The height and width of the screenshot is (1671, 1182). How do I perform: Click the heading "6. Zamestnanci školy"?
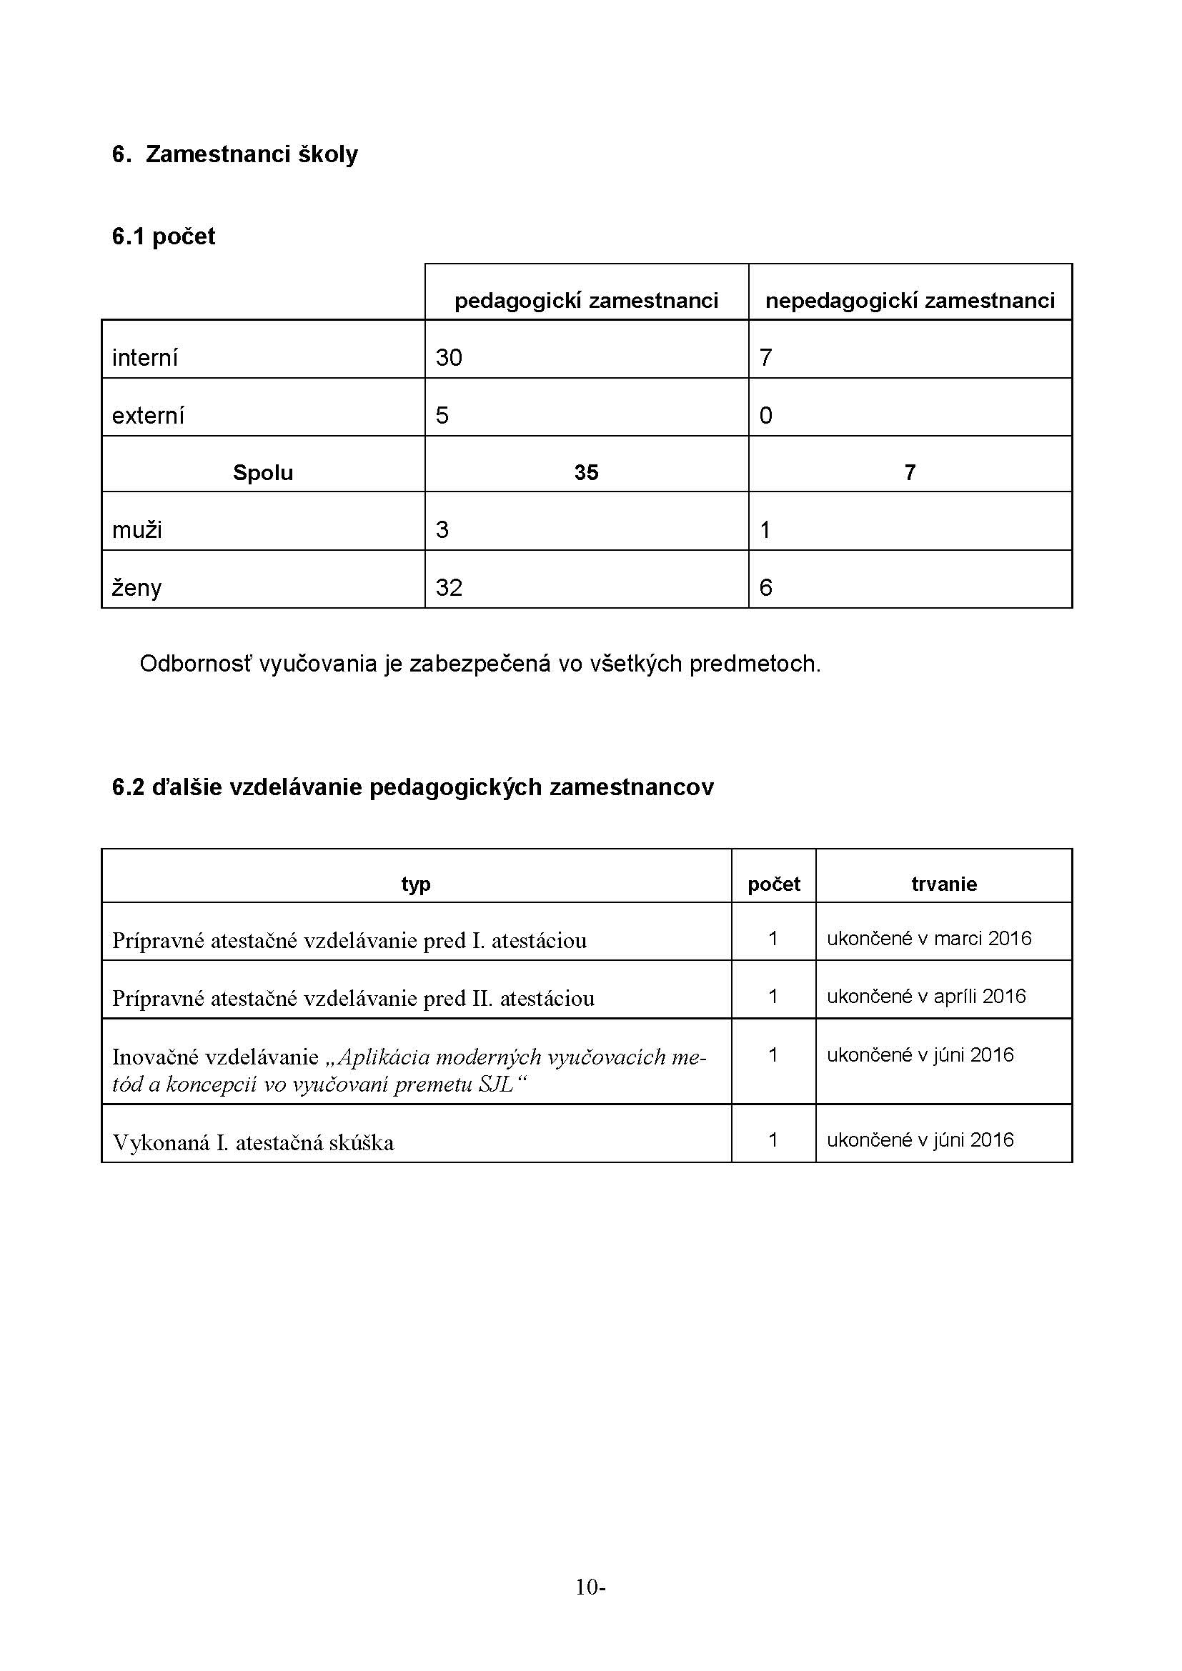pos(234,154)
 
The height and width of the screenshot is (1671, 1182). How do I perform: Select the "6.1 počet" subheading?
pos(163,236)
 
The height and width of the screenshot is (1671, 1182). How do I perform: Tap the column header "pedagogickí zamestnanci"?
pos(586,301)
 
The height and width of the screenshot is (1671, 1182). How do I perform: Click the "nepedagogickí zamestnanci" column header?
pos(910,301)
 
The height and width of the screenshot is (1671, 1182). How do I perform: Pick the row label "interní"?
pos(145,357)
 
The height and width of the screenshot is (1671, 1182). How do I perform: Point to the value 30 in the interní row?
pos(449,357)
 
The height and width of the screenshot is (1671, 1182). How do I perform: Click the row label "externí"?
pos(148,416)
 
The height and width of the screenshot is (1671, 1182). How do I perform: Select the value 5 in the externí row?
pos(442,416)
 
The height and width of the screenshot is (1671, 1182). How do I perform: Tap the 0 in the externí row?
pos(765,416)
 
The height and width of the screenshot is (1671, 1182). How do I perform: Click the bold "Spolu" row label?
pos(263,473)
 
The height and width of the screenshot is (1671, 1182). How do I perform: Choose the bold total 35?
pos(586,473)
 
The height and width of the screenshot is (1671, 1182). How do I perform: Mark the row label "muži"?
pos(136,530)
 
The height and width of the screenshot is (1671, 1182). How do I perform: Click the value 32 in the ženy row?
pos(449,587)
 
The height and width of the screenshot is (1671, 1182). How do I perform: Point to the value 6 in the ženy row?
pos(765,587)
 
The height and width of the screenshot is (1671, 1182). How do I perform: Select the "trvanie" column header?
pos(943,884)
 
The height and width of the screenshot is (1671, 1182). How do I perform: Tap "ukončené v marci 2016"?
pos(929,938)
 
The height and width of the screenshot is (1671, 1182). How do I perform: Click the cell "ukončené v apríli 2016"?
pos(925,996)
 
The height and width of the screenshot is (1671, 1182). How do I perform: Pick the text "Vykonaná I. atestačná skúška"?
pos(252,1142)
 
